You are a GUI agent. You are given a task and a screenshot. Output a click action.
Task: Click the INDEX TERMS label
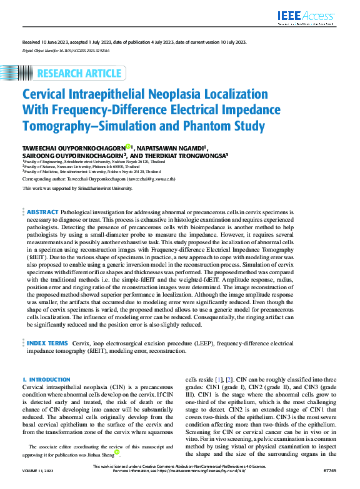47,343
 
